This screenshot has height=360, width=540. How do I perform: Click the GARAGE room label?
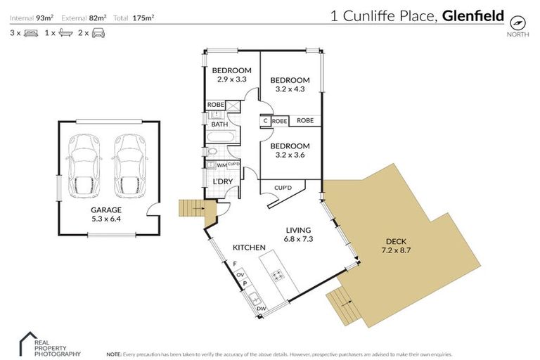[105, 210]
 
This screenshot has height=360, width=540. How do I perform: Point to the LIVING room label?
[299, 230]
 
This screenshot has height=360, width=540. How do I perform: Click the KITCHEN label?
[249, 247]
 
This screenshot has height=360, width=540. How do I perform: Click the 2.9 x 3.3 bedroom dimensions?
[231, 80]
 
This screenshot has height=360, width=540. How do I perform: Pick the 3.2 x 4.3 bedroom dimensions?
[290, 90]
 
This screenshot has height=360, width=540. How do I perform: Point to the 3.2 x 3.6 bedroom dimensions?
[290, 155]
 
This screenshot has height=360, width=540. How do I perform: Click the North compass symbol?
[519, 21]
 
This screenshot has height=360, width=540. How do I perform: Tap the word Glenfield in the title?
[473, 15]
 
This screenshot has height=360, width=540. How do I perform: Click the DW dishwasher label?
[262, 309]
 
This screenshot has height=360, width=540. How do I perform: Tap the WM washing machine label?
[221, 165]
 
